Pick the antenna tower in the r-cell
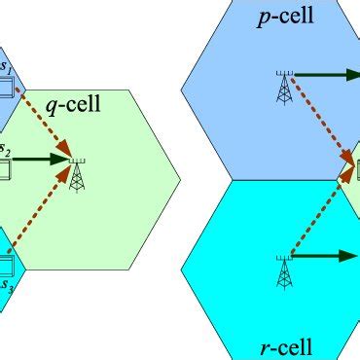pos(284,271)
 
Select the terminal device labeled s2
pos(4,171)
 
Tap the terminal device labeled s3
pos(5,265)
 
